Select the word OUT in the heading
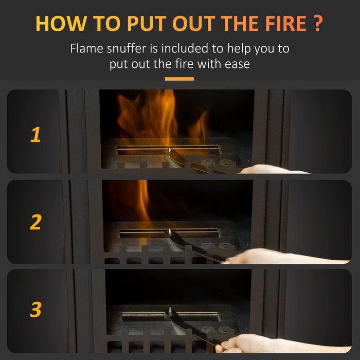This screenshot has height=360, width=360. coord(195,24)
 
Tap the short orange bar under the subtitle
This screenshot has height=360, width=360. coord(179,79)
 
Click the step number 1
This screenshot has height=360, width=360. coord(35,135)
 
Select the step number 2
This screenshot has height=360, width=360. coord(35,222)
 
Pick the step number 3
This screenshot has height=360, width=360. coord(35,310)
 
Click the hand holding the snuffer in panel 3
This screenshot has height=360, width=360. coord(247,343)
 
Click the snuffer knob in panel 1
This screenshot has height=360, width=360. coord(169,149)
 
